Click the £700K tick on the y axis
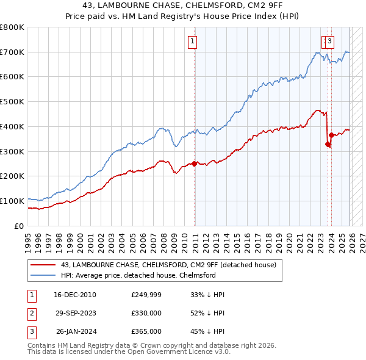click(12, 52)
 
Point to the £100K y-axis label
click(12, 201)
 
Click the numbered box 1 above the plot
click(192, 41)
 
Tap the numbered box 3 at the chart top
click(329, 41)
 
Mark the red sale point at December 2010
click(195, 164)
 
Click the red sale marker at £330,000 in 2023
click(328, 144)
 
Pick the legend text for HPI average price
click(138, 275)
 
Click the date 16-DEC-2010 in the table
click(75, 295)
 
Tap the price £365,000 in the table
click(146, 331)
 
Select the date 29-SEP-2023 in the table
click(75, 313)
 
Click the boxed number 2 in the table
click(31, 313)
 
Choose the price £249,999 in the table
click(146, 295)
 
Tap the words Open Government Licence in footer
click(184, 352)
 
